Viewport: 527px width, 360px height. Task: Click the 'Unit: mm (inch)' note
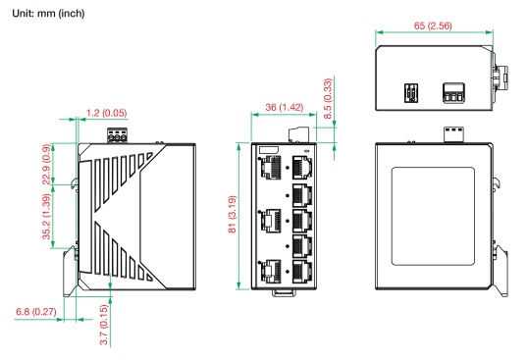[x=48, y=14]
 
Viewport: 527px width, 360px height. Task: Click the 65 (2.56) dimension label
[x=433, y=26]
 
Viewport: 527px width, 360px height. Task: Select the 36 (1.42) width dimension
[x=285, y=107]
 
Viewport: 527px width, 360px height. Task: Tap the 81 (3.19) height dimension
[x=233, y=214]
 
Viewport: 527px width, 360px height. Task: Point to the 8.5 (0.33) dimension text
[x=328, y=98]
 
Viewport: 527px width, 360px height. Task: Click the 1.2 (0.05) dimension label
[x=107, y=113]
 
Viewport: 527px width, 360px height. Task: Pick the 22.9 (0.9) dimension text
[x=47, y=164]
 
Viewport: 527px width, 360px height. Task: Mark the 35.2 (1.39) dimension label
[x=47, y=216]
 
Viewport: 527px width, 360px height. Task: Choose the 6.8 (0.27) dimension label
[x=36, y=312]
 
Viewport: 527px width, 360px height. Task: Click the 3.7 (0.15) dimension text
[x=104, y=325]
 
